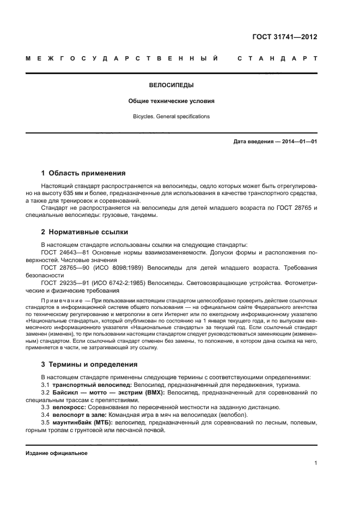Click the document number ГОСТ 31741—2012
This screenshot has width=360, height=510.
pyautogui.click(x=285, y=37)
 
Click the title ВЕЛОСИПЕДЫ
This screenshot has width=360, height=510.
pyautogui.click(x=172, y=86)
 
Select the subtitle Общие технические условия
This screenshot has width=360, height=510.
pyautogui.click(x=172, y=101)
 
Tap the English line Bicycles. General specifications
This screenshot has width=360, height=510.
pyautogui.click(x=172, y=116)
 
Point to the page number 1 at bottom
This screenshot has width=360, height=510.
pyautogui.click(x=315, y=464)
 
